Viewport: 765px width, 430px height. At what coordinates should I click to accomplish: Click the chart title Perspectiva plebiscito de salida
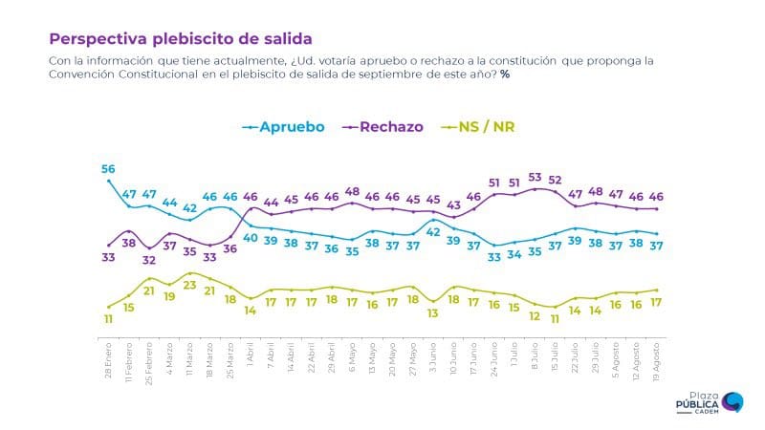tap(180, 39)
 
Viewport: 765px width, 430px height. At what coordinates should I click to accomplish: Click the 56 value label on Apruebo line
tap(108, 169)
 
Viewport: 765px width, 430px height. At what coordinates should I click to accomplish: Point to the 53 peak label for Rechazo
tap(535, 177)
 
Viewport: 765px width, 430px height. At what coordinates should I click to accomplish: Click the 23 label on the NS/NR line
tap(189, 285)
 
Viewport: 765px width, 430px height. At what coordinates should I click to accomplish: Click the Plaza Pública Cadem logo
tap(712, 401)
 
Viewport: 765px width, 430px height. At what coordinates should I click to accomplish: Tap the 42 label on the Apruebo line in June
tap(433, 232)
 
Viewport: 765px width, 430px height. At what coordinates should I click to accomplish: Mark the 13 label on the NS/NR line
tap(433, 312)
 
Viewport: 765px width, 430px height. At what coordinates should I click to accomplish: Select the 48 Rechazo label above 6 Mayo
tap(352, 191)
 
